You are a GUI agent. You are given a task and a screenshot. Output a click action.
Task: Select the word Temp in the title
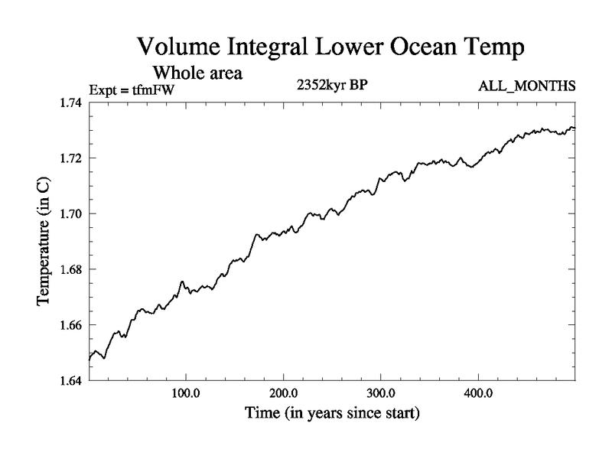491,48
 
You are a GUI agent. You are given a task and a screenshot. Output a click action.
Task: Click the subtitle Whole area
198,73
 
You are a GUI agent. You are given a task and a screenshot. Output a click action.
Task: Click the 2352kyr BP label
333,86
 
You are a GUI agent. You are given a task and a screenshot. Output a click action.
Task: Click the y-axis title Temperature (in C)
44,241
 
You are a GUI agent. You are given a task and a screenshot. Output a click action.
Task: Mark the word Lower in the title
333,47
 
